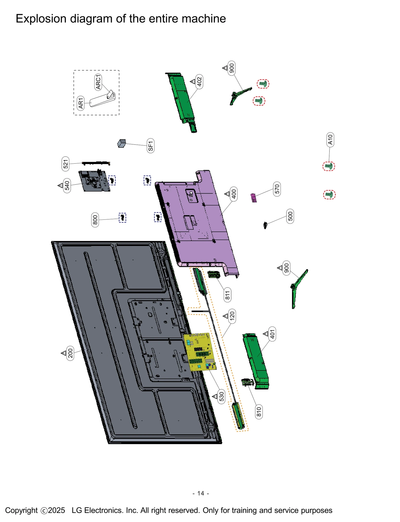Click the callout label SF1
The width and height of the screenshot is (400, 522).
pos(150,146)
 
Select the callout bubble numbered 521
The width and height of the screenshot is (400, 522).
pos(65,164)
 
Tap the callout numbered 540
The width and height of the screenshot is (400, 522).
pos(67,186)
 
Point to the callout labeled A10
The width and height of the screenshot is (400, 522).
pos(330,140)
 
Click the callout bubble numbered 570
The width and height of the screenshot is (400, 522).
pos(277,189)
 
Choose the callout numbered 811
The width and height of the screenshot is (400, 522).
pos(227,295)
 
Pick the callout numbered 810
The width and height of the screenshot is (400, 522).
pos(259,412)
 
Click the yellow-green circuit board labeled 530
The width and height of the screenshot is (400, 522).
pos(200,352)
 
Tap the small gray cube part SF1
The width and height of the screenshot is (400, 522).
pos(121,144)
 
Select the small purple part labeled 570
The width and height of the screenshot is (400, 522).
pos(254,198)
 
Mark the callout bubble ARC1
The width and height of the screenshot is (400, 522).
pos(98,82)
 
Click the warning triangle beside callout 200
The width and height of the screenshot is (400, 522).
pos(63,353)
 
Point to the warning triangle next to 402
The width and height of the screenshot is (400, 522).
pos(192,81)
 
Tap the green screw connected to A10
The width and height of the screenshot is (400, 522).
pos(328,166)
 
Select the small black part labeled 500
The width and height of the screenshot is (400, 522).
pos(265,225)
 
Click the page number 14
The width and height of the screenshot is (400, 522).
pos(200,493)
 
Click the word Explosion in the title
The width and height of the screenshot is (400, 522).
pos(41,19)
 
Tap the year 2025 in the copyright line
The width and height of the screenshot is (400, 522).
pos(56,510)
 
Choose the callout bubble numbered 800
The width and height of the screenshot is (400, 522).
pos(95,220)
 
